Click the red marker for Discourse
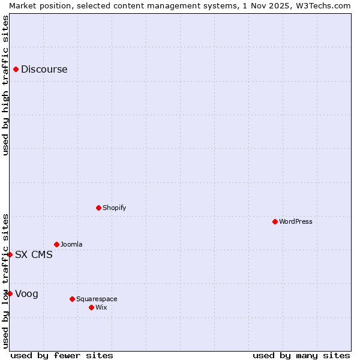click(16, 70)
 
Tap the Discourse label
click(44, 70)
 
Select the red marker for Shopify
click(99, 208)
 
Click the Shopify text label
click(115, 208)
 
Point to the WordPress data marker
click(275, 222)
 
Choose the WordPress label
click(296, 222)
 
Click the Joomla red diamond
click(57, 245)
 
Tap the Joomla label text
click(72, 245)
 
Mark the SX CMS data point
click(10, 255)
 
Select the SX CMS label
click(34, 255)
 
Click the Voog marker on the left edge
click(10, 294)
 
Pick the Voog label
click(27, 294)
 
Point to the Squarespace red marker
click(73, 299)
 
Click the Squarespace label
click(97, 299)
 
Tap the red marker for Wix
click(92, 308)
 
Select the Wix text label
click(101, 308)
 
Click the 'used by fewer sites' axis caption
click(62, 356)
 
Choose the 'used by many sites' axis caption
click(301, 356)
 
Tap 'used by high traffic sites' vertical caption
click(5, 85)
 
